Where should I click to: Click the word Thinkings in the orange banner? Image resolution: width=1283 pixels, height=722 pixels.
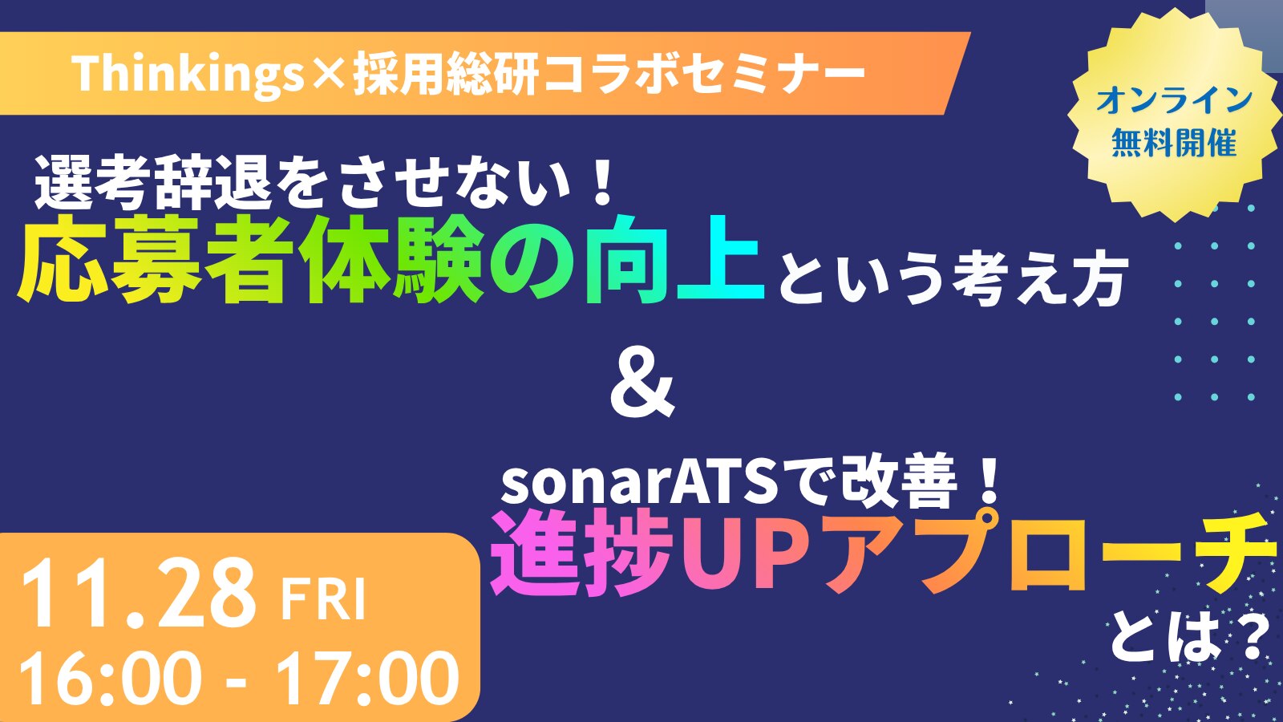[x=188, y=75]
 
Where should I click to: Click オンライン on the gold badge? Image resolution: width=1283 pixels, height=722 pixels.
[x=1174, y=101]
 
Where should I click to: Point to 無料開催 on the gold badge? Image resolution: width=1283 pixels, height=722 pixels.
[x=1174, y=142]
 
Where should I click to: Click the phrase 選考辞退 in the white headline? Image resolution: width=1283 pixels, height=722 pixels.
[x=153, y=187]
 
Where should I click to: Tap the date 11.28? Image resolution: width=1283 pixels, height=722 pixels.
[x=137, y=596]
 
